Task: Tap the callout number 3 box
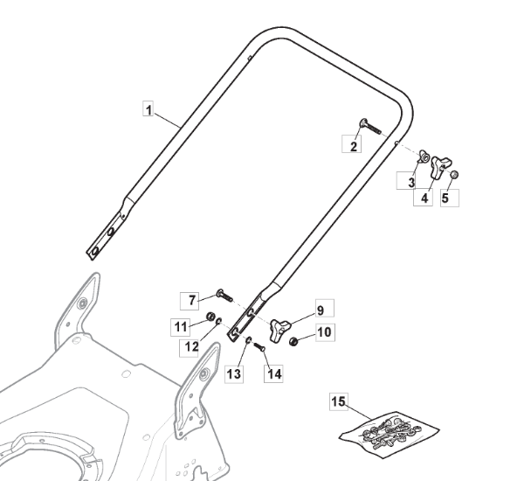click(407, 181)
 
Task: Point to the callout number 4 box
click(424, 199)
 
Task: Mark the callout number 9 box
click(320, 310)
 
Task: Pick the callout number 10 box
click(323, 332)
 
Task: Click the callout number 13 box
click(233, 374)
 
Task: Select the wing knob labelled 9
click(281, 327)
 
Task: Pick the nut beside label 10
click(294, 340)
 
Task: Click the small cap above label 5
click(455, 176)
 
